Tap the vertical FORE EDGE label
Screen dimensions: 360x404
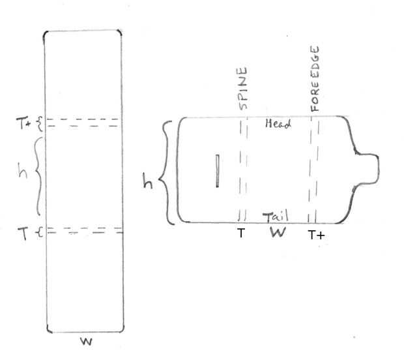[x=315, y=80]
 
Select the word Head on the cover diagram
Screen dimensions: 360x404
[x=278, y=124]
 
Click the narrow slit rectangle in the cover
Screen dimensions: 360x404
[x=218, y=172]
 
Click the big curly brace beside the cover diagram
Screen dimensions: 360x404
[x=167, y=171]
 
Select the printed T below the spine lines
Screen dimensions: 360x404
[x=240, y=233]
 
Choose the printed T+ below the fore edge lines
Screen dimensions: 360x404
[x=316, y=233]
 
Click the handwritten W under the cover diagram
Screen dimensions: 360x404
[x=277, y=233]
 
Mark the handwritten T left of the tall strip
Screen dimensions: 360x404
[x=23, y=230]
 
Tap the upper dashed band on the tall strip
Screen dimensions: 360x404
[x=83, y=123]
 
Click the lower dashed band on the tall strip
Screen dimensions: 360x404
[x=83, y=230]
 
